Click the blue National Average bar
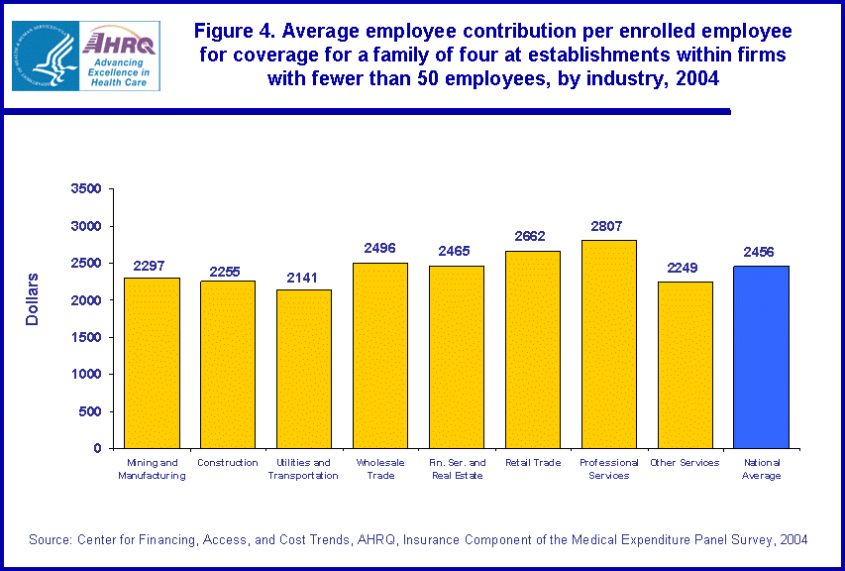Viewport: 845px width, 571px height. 761,357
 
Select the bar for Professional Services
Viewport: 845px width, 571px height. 608,344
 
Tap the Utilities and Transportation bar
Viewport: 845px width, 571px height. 304,369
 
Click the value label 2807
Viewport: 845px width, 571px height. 608,226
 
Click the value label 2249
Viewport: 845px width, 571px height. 685,268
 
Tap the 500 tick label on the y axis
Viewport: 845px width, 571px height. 92,411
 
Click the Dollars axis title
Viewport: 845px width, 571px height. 33,298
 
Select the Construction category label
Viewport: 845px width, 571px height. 228,463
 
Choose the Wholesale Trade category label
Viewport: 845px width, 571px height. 380,469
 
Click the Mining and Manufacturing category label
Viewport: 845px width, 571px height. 152,469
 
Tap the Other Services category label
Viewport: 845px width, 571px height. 685,463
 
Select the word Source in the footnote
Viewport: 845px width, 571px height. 49,539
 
